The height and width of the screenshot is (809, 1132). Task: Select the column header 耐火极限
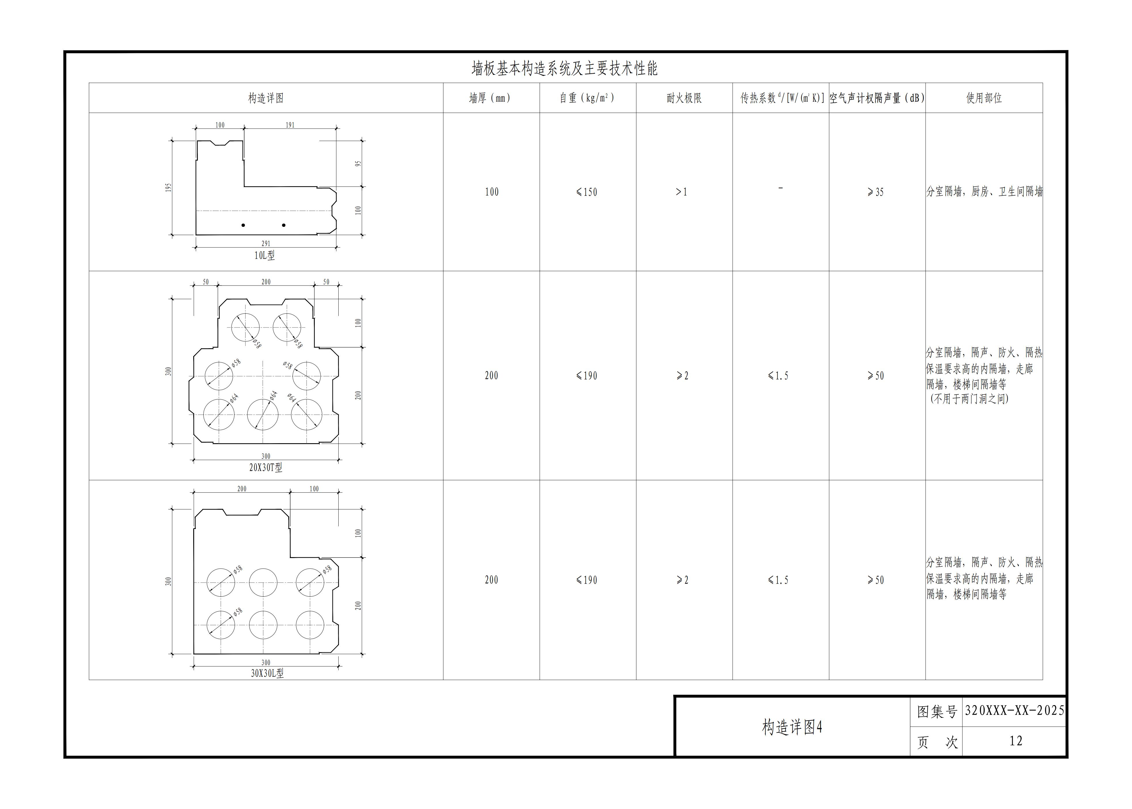pos(684,98)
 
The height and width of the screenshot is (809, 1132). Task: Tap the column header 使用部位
pos(984,98)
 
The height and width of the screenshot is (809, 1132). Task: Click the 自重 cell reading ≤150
pos(587,192)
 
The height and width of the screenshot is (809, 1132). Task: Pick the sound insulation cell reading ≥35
pos(875,192)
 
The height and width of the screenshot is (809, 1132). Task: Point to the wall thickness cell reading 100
pos(492,192)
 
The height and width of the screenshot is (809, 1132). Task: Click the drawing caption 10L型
pos(265,256)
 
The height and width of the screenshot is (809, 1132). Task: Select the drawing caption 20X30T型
pos(266,467)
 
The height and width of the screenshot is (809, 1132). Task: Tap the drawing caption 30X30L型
pos(267,673)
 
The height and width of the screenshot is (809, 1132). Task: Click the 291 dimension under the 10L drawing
pos(266,243)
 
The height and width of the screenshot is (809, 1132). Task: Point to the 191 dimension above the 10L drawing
pos(290,125)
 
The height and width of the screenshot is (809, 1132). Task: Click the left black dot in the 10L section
pos(243,225)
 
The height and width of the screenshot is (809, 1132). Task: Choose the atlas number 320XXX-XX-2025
pos(1014,710)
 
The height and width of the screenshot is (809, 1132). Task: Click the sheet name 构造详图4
pos(792,727)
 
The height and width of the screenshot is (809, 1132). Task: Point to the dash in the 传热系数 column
pos(781,188)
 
